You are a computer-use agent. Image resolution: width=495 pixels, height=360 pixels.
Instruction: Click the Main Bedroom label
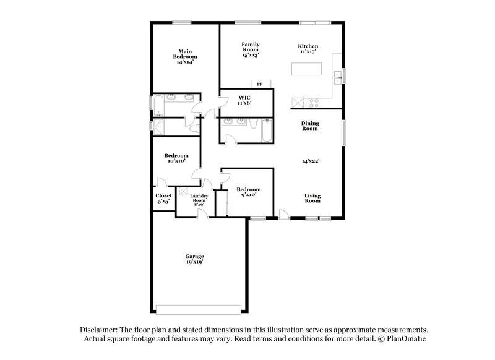coord(184,57)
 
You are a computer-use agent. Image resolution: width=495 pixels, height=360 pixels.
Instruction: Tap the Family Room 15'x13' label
coord(250,49)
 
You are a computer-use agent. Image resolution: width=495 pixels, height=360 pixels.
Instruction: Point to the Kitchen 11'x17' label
coord(308,49)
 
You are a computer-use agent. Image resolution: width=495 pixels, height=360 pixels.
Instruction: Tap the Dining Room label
coord(310,126)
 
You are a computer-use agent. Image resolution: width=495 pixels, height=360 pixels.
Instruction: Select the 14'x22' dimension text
coord(310,161)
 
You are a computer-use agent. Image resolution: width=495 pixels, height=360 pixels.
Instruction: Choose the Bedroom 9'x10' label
coord(248,192)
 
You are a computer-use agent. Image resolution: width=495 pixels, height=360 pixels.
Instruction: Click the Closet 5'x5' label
coord(163,198)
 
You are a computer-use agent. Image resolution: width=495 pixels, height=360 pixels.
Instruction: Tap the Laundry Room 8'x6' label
coord(199,199)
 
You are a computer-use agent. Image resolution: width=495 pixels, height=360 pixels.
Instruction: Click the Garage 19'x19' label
coord(194,259)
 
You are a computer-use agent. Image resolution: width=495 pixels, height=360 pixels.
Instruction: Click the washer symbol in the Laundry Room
coord(184,192)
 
